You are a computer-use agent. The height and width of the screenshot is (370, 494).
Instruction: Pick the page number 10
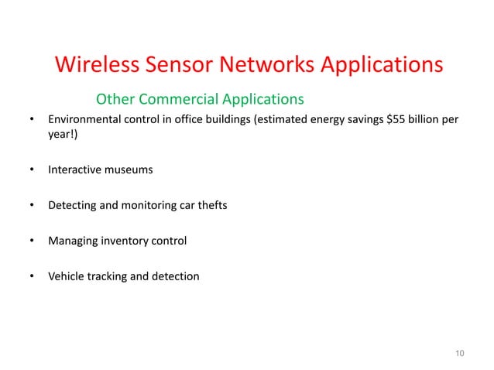(460, 355)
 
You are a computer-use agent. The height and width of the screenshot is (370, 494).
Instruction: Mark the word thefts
(211, 206)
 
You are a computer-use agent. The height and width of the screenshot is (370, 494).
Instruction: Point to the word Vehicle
(67, 276)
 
